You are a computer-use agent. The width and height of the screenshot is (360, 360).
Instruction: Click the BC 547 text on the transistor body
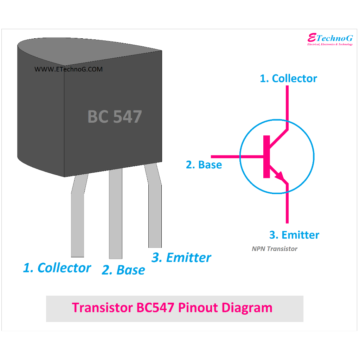[x=115, y=117]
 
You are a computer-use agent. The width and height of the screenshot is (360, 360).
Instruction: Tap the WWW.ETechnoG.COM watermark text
[x=69, y=69]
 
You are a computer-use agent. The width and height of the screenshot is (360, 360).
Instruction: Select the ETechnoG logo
[x=330, y=39]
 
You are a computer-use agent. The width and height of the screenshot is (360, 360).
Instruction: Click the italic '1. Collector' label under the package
[x=57, y=268]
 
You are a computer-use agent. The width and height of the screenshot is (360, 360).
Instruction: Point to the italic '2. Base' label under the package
[x=123, y=270]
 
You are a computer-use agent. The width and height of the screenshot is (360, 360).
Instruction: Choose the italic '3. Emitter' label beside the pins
[x=181, y=258]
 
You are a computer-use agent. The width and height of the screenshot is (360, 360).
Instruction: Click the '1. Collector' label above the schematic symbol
[x=288, y=78]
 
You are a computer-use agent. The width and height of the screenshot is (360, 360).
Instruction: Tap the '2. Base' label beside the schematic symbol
[x=204, y=165]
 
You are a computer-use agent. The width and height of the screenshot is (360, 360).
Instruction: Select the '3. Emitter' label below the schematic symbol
[x=294, y=235]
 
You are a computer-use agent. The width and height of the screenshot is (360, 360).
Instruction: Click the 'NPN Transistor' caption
[x=275, y=249]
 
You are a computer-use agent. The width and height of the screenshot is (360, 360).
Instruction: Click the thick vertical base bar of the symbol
[x=266, y=156]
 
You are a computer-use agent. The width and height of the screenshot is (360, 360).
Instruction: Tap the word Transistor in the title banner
[x=102, y=308]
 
